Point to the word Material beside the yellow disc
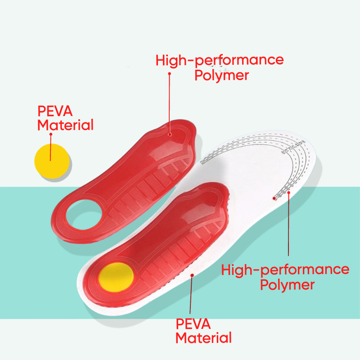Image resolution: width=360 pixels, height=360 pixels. point(66,125)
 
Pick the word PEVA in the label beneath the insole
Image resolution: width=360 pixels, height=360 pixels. point(193,324)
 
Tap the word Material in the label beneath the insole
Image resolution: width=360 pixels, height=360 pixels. point(204,337)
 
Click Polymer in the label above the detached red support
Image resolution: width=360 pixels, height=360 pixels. point(221,75)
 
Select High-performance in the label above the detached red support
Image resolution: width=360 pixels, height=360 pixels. point(220,60)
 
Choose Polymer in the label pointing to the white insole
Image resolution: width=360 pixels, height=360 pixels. point(287,284)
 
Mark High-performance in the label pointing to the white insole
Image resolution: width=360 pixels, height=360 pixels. point(285,270)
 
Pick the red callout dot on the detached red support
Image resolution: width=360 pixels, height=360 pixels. point(170,133)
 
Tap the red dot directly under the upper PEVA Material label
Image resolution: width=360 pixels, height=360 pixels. point(51,134)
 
